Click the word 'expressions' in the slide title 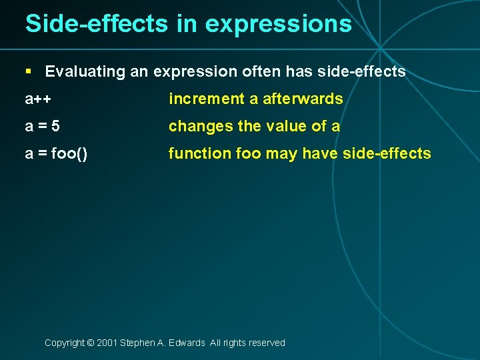pos(278,24)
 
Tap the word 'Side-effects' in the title pos(96,24)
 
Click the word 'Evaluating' pos(85,71)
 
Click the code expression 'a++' pos(39,99)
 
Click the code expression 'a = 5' pos(43,126)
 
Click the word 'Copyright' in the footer pos(64,343)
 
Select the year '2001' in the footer pos(107,343)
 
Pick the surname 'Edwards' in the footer pos(188,343)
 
